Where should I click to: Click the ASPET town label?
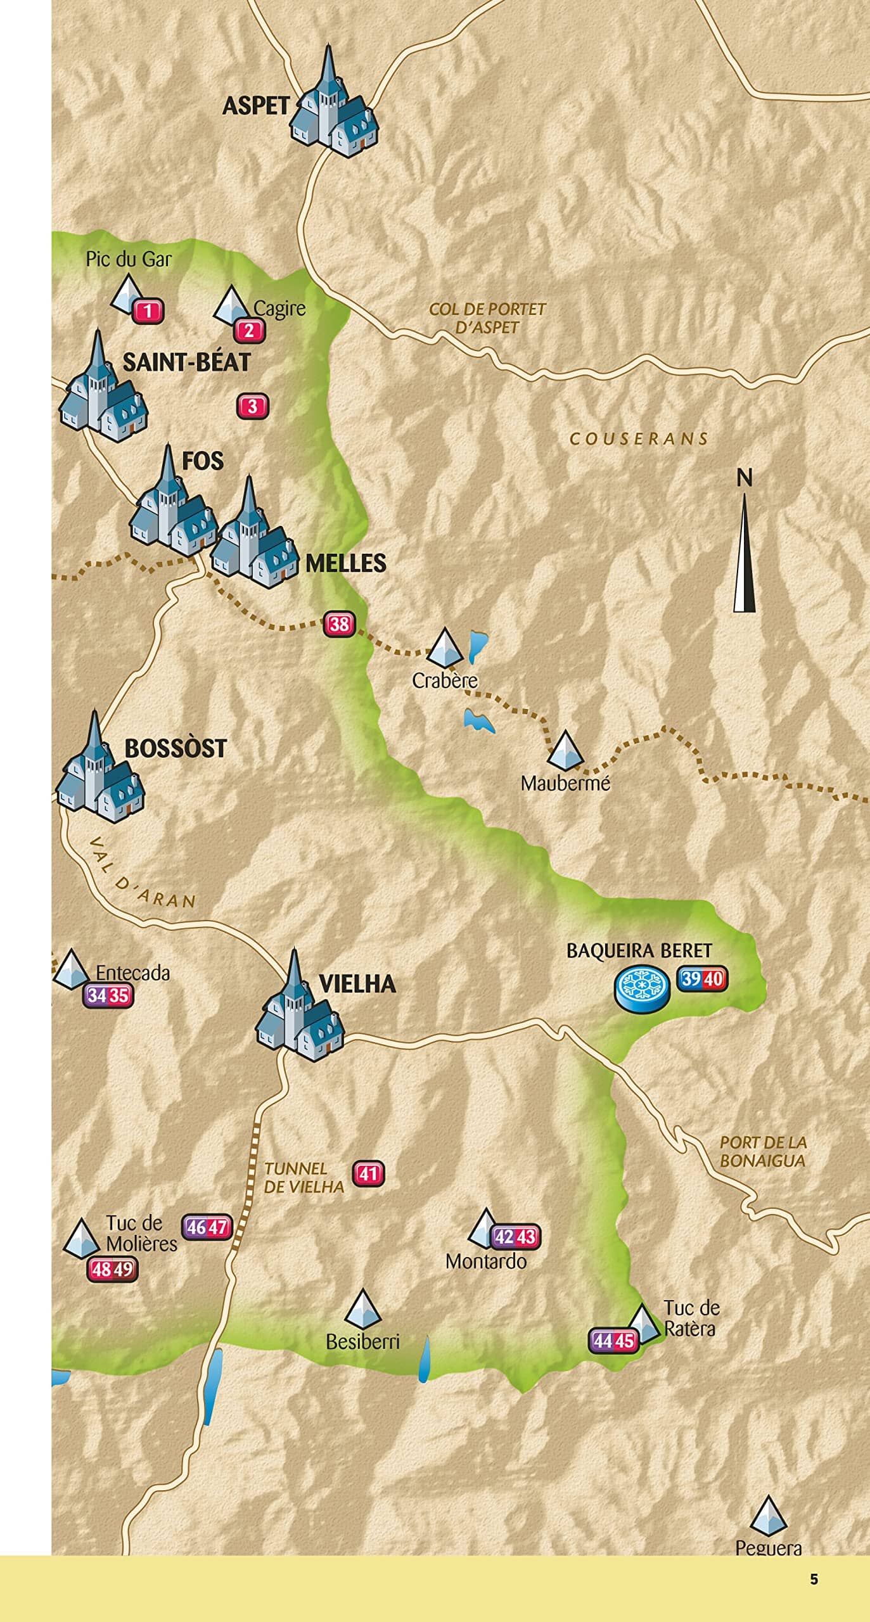[255, 106]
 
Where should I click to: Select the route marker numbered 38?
[339, 624]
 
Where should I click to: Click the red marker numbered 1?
[148, 311]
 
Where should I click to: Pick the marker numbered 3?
[252, 406]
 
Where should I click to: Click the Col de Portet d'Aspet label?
[487, 318]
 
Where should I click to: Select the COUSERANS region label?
[639, 438]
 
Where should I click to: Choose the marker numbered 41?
[368, 1173]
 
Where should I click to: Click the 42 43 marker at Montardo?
[515, 1236]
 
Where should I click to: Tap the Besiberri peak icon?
[362, 1308]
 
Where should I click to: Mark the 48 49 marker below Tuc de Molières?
[112, 1268]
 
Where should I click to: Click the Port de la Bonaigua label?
[762, 1151]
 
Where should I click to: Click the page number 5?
[814, 1579]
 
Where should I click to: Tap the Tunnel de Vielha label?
[304, 1177]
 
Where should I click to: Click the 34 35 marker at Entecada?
[108, 995]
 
